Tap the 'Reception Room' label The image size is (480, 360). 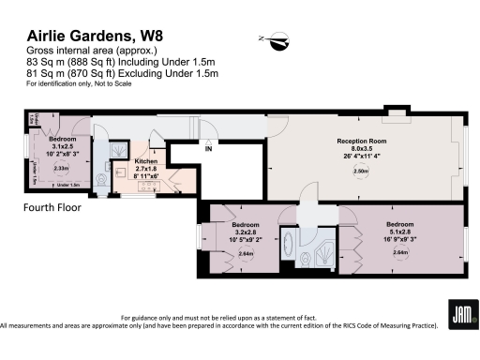coord(363,141)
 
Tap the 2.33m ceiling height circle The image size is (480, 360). coord(61,168)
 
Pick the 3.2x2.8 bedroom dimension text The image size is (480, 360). coord(247,233)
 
